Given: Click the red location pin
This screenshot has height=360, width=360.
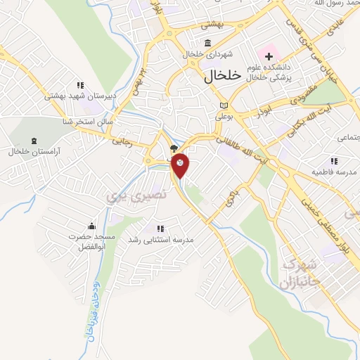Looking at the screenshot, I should (181, 164).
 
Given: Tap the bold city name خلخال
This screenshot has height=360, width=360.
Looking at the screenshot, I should (221, 74).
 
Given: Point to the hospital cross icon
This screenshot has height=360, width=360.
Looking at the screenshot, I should (269, 56).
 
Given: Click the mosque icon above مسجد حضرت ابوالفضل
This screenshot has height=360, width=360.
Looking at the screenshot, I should (91, 226).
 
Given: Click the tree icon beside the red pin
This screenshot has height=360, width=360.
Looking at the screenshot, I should (174, 148).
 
